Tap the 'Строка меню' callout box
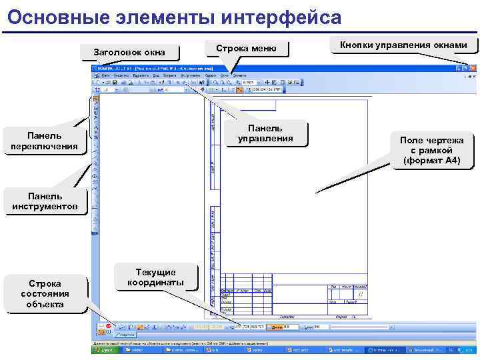tap(246, 49)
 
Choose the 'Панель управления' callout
tap(265, 133)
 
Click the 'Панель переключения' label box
tap(45, 141)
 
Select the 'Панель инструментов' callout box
tap(45, 201)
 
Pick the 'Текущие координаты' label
tap(155, 277)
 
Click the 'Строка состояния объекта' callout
tap(45, 293)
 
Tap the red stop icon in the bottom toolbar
tap(109, 327)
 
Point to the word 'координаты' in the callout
tap(155, 282)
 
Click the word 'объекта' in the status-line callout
tap(45, 304)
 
